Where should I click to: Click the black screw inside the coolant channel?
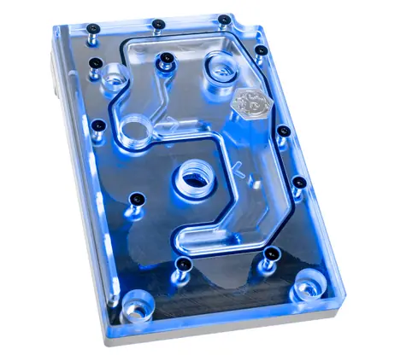[x=164, y=59]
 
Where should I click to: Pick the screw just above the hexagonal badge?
[x=260, y=51]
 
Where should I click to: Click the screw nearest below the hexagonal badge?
[x=282, y=130]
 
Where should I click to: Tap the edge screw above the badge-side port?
[x=224, y=19]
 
